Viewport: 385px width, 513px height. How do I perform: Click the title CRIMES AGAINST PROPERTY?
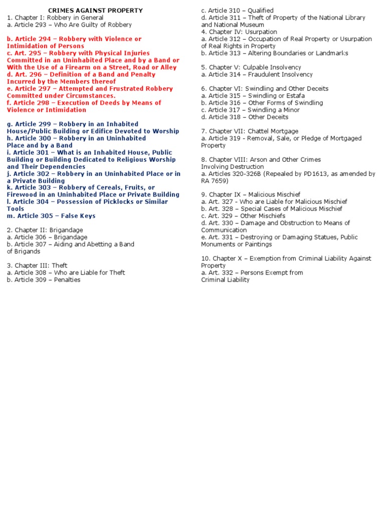[95, 11]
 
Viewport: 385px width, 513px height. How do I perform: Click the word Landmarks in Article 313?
[331, 53]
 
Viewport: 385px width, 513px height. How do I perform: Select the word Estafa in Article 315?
[288, 96]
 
